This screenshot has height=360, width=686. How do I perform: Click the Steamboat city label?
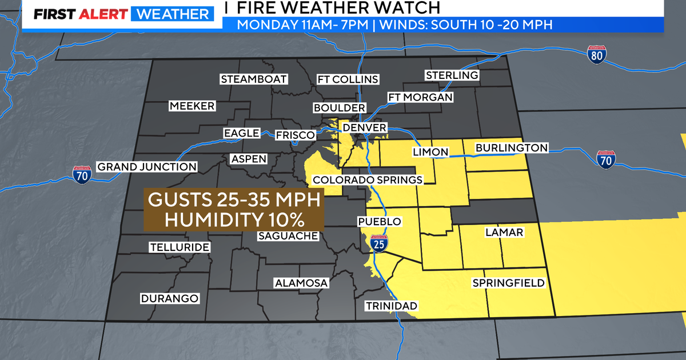pyautogui.click(x=254, y=79)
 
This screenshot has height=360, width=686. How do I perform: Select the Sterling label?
pyautogui.click(x=452, y=75)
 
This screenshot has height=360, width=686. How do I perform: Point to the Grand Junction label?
pyautogui.click(x=147, y=167)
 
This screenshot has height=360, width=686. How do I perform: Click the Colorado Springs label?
pyautogui.click(x=368, y=180)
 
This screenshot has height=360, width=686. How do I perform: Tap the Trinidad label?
pyautogui.click(x=392, y=306)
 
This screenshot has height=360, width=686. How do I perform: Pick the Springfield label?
pyautogui.click(x=508, y=283)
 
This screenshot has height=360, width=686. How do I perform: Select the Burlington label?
pyautogui.click(x=512, y=148)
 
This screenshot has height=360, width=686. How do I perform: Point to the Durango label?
pyautogui.click(x=170, y=298)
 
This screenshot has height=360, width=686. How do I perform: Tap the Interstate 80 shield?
pyautogui.click(x=596, y=55)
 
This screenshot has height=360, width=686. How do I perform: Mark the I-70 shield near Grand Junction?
pyautogui.click(x=82, y=174)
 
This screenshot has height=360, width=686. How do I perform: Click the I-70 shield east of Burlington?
pyautogui.click(x=605, y=160)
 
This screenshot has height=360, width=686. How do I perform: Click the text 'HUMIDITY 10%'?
pyautogui.click(x=234, y=219)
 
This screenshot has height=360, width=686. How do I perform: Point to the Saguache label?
pyautogui.click(x=288, y=236)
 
